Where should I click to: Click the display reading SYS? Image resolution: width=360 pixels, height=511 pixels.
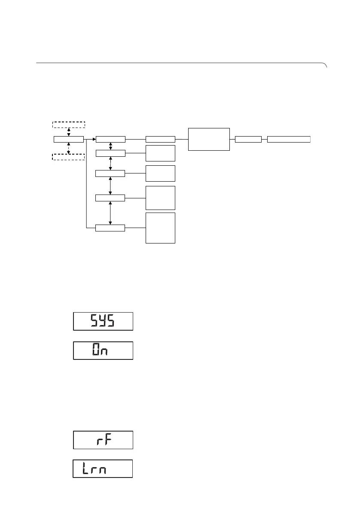click(x=103, y=321)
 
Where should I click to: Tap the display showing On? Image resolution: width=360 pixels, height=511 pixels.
click(x=103, y=350)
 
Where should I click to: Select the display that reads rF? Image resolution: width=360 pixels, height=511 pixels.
click(x=103, y=440)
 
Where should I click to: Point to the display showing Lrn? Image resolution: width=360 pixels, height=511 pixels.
click(x=102, y=468)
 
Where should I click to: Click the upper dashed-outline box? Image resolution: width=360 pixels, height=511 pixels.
click(x=68, y=125)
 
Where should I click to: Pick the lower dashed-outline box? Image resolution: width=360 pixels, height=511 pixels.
click(x=68, y=156)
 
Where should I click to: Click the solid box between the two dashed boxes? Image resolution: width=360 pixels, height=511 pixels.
click(x=68, y=139)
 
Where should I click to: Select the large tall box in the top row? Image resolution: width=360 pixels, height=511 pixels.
click(x=209, y=139)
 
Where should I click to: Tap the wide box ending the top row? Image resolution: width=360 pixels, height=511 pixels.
click(x=289, y=139)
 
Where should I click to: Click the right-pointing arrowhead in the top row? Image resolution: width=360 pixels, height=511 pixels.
click(x=94, y=139)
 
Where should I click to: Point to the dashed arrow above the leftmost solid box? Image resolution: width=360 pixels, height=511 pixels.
click(x=68, y=131)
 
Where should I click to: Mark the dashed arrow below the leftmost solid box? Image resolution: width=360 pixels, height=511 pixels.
click(x=68, y=148)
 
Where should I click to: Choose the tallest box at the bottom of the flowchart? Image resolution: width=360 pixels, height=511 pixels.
click(x=161, y=228)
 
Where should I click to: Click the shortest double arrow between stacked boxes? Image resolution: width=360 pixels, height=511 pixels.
click(x=111, y=146)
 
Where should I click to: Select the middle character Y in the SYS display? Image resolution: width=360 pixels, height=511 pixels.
click(x=103, y=321)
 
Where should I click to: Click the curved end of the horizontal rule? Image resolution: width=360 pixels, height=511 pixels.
click(x=325, y=65)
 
